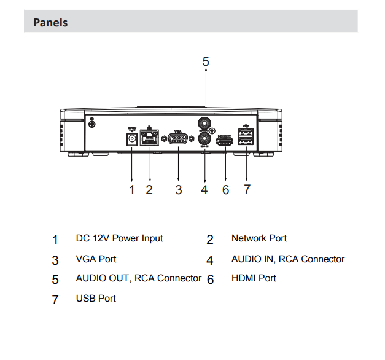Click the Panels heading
point(50,23)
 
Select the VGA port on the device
point(178,139)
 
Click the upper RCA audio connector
point(205,122)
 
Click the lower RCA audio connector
point(205,139)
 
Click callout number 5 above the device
point(206,61)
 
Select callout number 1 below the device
point(131,190)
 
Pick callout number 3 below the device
point(178,190)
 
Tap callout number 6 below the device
point(225,190)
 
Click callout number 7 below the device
point(247,189)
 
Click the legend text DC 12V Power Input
point(119,238)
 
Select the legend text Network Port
point(259,238)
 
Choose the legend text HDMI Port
point(254,278)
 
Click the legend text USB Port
point(96,299)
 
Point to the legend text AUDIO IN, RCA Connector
point(287,259)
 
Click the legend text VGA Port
point(96,259)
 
